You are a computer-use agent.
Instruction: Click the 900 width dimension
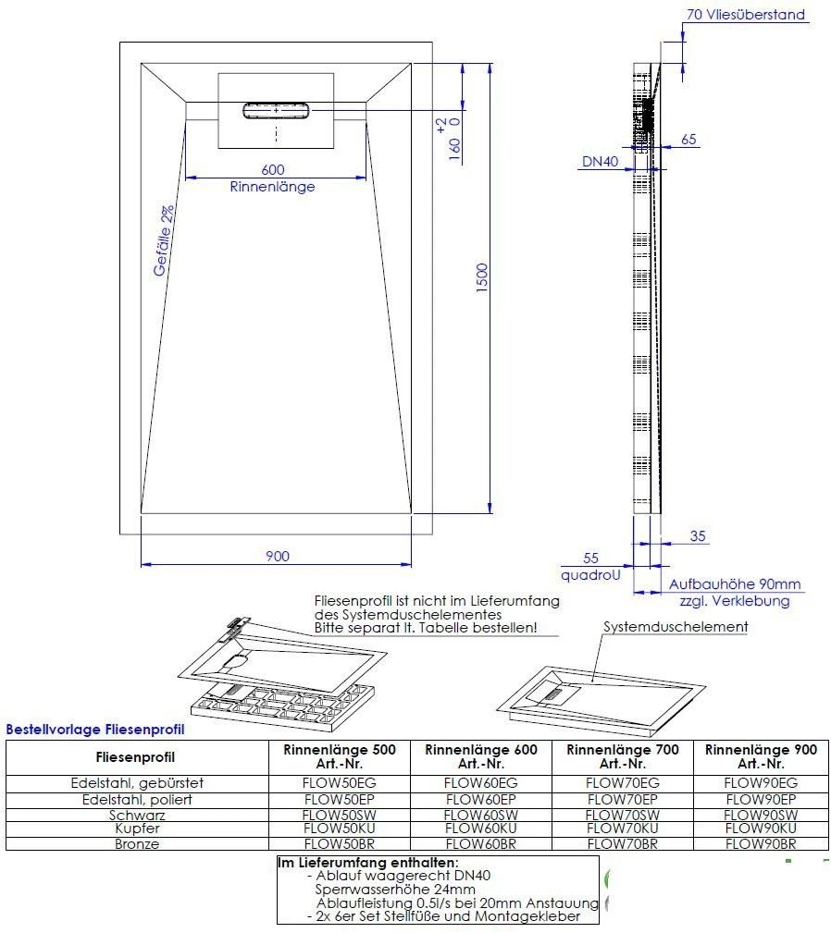tap(277, 556)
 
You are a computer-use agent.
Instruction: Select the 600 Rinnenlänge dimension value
tap(272, 169)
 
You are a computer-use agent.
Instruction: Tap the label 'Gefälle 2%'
tap(164, 240)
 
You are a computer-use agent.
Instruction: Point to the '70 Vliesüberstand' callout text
tap(746, 15)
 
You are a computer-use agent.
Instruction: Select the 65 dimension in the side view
tap(688, 140)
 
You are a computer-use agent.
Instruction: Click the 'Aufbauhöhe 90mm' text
tap(735, 584)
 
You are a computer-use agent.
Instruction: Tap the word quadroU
tap(590, 574)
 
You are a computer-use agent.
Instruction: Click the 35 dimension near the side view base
tap(698, 535)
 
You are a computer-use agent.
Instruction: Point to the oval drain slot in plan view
tap(277, 111)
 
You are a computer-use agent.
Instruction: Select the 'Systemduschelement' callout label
tap(676, 626)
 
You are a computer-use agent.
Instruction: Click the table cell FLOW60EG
tap(481, 782)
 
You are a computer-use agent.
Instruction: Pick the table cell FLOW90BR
tap(761, 843)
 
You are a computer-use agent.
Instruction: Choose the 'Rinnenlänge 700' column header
tap(622, 756)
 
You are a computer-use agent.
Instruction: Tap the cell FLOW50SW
tap(339, 815)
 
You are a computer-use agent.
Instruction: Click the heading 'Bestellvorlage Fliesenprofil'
tap(95, 730)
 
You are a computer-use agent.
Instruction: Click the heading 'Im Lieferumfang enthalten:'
tap(367, 863)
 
